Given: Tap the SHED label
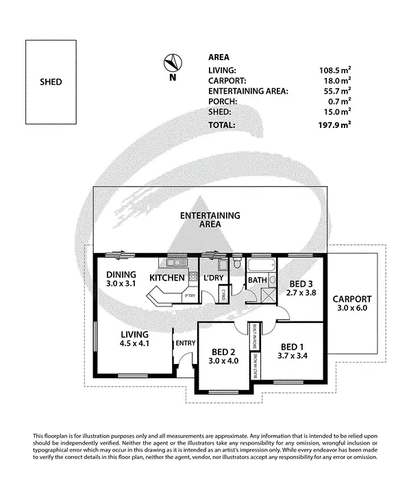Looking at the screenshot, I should tap(51, 82).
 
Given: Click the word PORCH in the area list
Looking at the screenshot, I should tap(222, 101).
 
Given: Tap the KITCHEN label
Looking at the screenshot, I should tap(167, 278).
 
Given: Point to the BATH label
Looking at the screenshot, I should tap(257, 280).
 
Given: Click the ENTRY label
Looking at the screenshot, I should tap(185, 343).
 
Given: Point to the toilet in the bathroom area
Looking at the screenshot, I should tap(236, 263).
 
